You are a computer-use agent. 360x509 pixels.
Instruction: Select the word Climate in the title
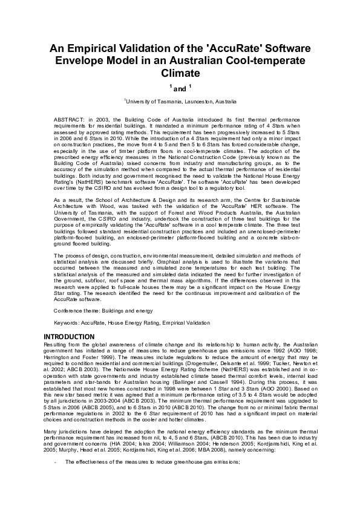180,74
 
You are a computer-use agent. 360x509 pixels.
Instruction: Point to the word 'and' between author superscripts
180,89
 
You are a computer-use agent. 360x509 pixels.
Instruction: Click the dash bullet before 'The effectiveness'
55,462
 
